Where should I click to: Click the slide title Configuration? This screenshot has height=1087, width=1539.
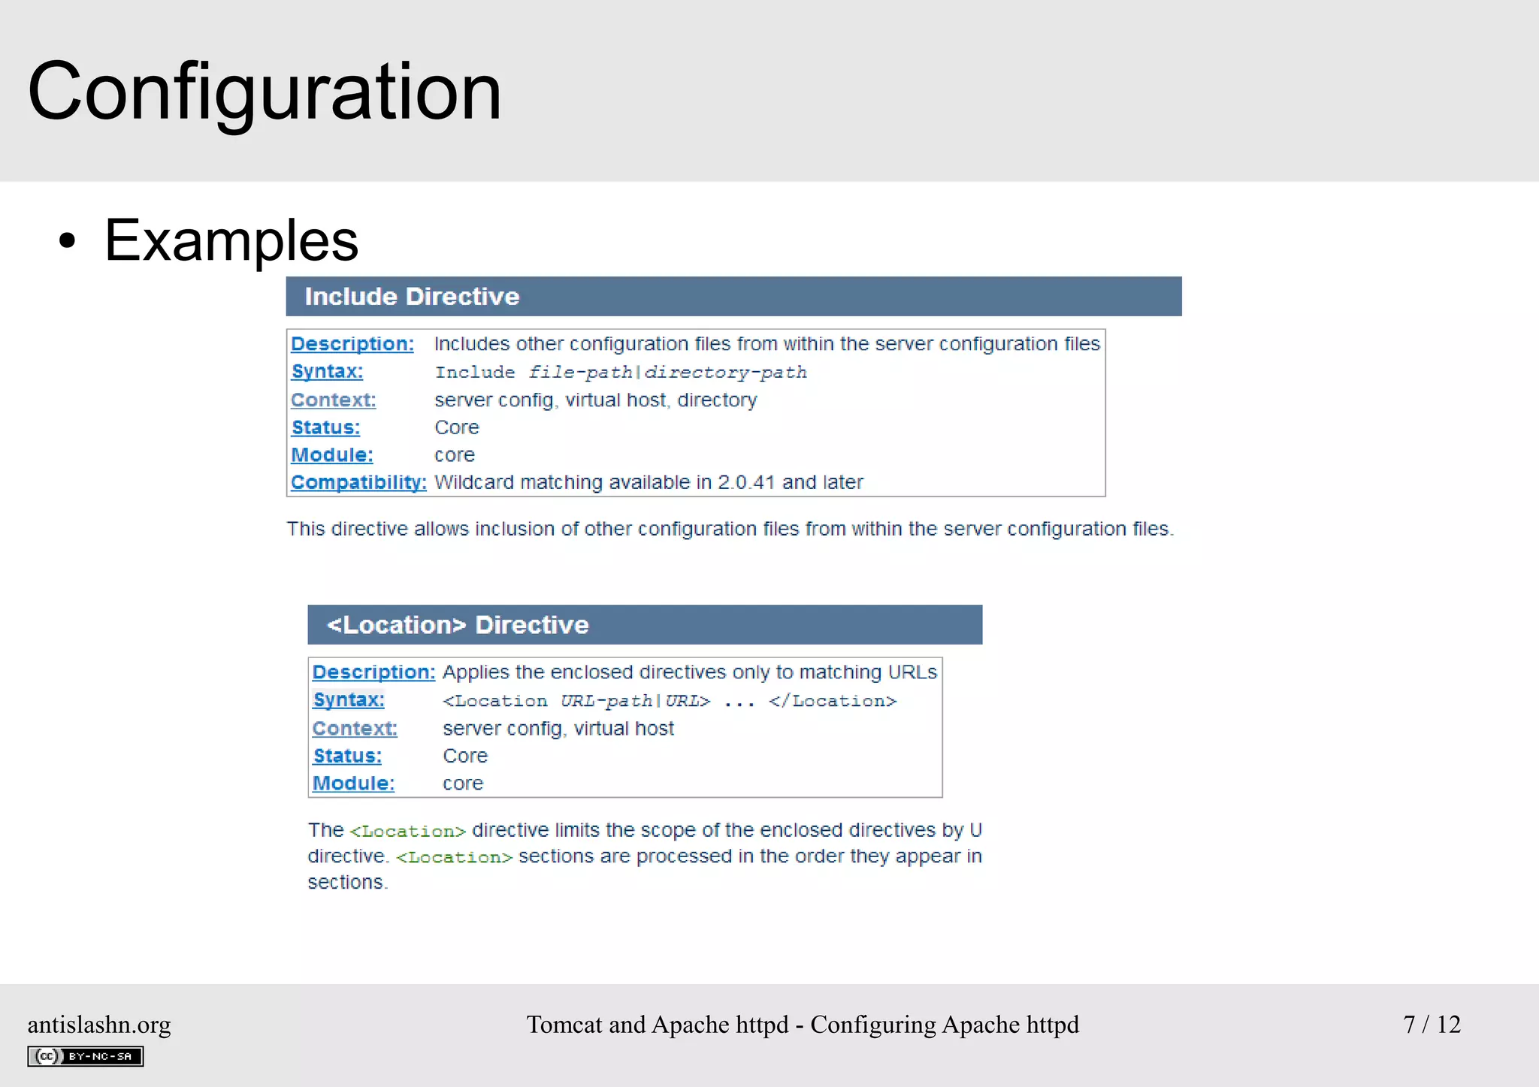(x=265, y=92)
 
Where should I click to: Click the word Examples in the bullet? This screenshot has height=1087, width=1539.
(x=231, y=240)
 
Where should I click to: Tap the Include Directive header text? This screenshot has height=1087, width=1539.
(x=412, y=297)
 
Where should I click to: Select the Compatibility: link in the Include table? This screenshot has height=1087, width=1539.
(x=358, y=482)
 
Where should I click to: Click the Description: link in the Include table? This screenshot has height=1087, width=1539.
(x=352, y=344)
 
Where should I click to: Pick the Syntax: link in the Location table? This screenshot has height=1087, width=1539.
(x=349, y=700)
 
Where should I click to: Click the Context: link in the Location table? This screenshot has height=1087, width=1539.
(x=355, y=729)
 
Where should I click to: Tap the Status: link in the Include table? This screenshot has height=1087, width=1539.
(x=326, y=427)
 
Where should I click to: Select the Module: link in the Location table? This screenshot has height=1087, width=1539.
(x=353, y=784)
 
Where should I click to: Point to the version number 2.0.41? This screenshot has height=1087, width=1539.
(x=746, y=482)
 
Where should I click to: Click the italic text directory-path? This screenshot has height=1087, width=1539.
(x=726, y=373)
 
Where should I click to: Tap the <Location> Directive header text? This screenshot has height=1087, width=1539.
(x=458, y=625)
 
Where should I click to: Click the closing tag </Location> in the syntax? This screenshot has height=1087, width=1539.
(x=833, y=702)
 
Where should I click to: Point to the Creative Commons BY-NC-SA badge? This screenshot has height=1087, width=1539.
(x=86, y=1056)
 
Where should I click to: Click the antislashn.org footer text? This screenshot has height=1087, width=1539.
(x=99, y=1025)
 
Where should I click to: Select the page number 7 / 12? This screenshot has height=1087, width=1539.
(x=1432, y=1025)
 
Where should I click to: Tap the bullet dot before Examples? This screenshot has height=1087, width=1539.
(x=68, y=241)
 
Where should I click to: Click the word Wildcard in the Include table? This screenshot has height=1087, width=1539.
(x=473, y=482)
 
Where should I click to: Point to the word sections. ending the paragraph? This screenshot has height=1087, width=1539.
(x=347, y=883)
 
